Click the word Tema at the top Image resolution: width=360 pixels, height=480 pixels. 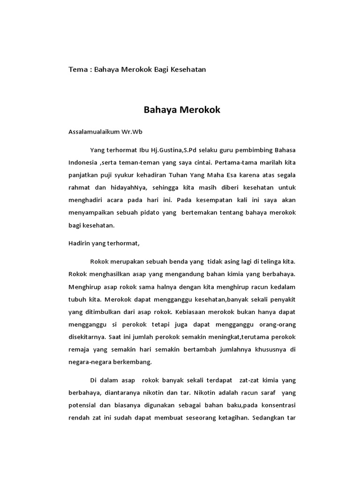pos(78,69)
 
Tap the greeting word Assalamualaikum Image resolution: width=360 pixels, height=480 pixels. pos(96,132)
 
